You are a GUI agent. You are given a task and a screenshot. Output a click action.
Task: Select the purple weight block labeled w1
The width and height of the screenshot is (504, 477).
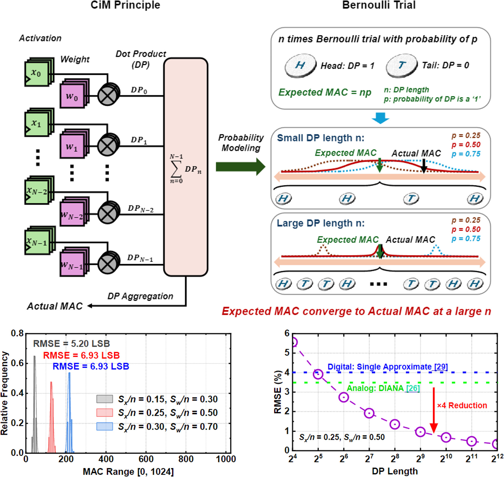click(x=72, y=147)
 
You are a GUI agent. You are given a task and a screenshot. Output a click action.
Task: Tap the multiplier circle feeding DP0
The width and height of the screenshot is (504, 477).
click(x=107, y=96)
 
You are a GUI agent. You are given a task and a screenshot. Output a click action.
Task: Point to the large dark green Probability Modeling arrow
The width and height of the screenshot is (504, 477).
click(x=240, y=167)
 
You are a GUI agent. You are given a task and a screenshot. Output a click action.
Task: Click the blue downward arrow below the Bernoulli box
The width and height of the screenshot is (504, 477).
click(x=380, y=118)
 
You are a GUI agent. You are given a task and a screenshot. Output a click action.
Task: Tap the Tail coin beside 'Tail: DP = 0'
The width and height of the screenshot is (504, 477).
click(x=401, y=66)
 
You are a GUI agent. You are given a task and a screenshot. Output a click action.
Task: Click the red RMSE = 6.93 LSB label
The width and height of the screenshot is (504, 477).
click(x=81, y=355)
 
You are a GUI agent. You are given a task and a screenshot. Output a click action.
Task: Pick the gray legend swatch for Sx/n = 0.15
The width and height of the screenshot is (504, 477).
click(x=104, y=399)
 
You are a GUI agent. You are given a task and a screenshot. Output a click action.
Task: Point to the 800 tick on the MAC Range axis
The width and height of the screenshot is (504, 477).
click(x=186, y=459)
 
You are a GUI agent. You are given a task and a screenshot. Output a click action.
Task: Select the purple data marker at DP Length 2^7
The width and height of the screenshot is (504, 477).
click(x=369, y=413)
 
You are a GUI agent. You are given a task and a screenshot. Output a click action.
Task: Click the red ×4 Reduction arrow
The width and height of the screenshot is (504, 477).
click(x=434, y=411)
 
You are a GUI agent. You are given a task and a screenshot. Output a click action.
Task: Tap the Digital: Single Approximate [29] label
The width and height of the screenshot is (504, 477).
click(x=387, y=367)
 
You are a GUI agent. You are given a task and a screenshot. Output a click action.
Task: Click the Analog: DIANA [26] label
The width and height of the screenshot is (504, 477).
click(x=383, y=388)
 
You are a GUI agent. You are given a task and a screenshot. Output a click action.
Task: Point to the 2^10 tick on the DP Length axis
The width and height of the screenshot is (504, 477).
click(x=446, y=459)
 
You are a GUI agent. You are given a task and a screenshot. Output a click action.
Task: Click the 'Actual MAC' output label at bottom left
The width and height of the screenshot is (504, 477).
click(x=55, y=306)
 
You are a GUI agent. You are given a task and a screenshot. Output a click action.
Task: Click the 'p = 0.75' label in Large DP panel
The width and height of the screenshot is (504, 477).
click(x=466, y=239)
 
